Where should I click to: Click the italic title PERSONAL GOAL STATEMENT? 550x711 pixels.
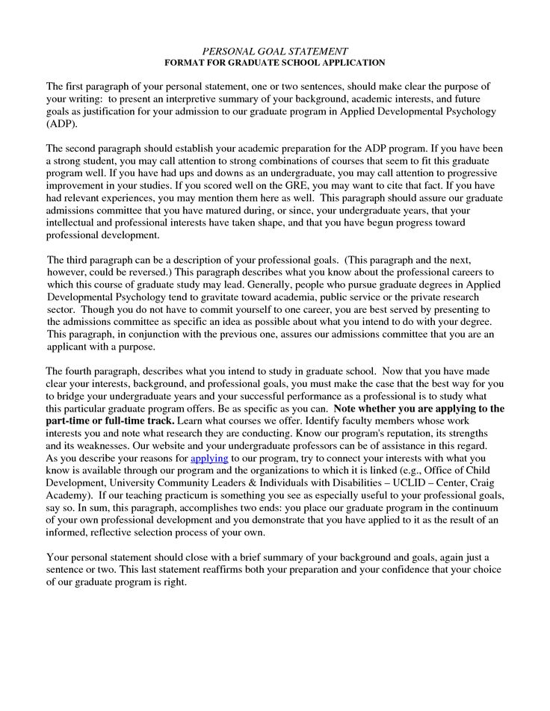click(x=275, y=52)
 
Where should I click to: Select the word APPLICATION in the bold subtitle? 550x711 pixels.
click(x=350, y=63)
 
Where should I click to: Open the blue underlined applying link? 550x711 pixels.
click(x=209, y=458)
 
